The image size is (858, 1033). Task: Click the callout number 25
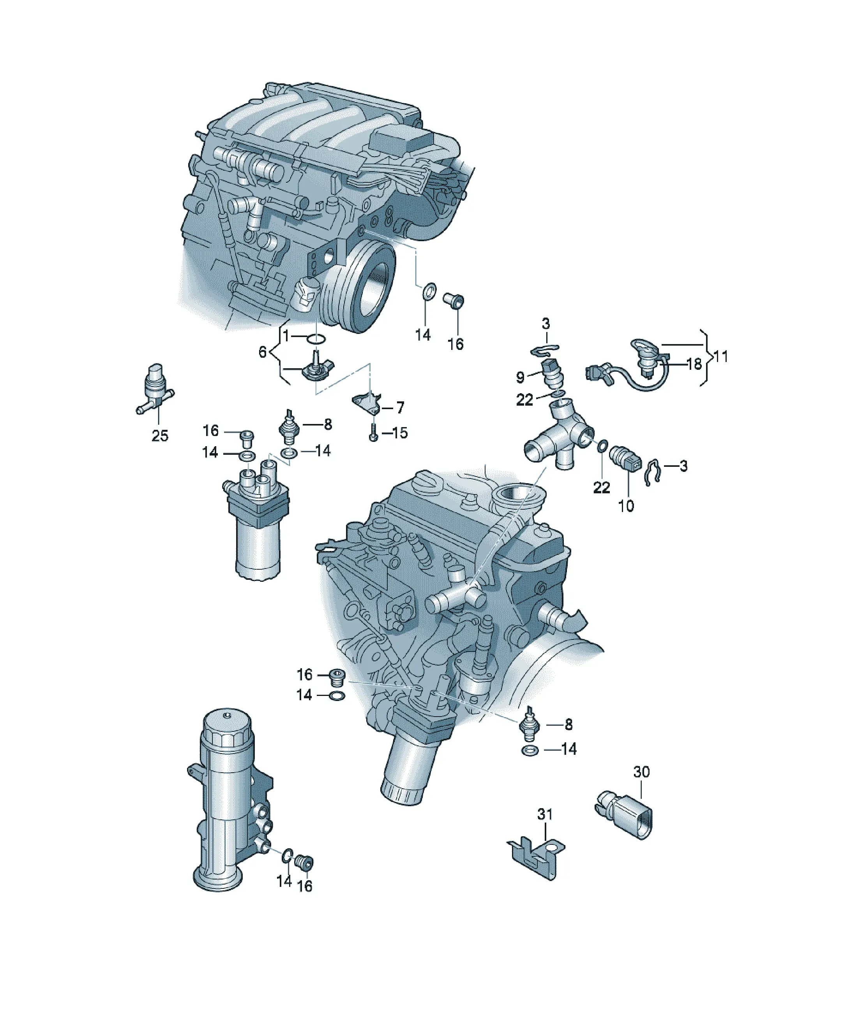160,436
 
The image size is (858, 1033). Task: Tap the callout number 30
641,772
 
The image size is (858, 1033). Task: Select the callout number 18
694,364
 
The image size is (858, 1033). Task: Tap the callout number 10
626,506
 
